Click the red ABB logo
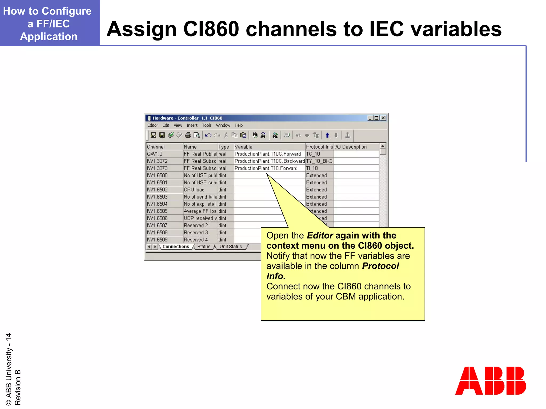[490, 381]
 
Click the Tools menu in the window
[207, 125]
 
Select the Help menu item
[239, 125]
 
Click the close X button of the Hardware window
[383, 118]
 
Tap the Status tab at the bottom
[204, 247]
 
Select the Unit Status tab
[231, 247]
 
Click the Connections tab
[176, 247]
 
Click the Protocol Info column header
[319, 147]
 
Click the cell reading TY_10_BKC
[319, 161]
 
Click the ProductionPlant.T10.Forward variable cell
[266, 168]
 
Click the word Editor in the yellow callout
[320, 235]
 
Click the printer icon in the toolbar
[188, 135]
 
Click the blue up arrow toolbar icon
[327, 135]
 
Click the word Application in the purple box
[49, 36]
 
